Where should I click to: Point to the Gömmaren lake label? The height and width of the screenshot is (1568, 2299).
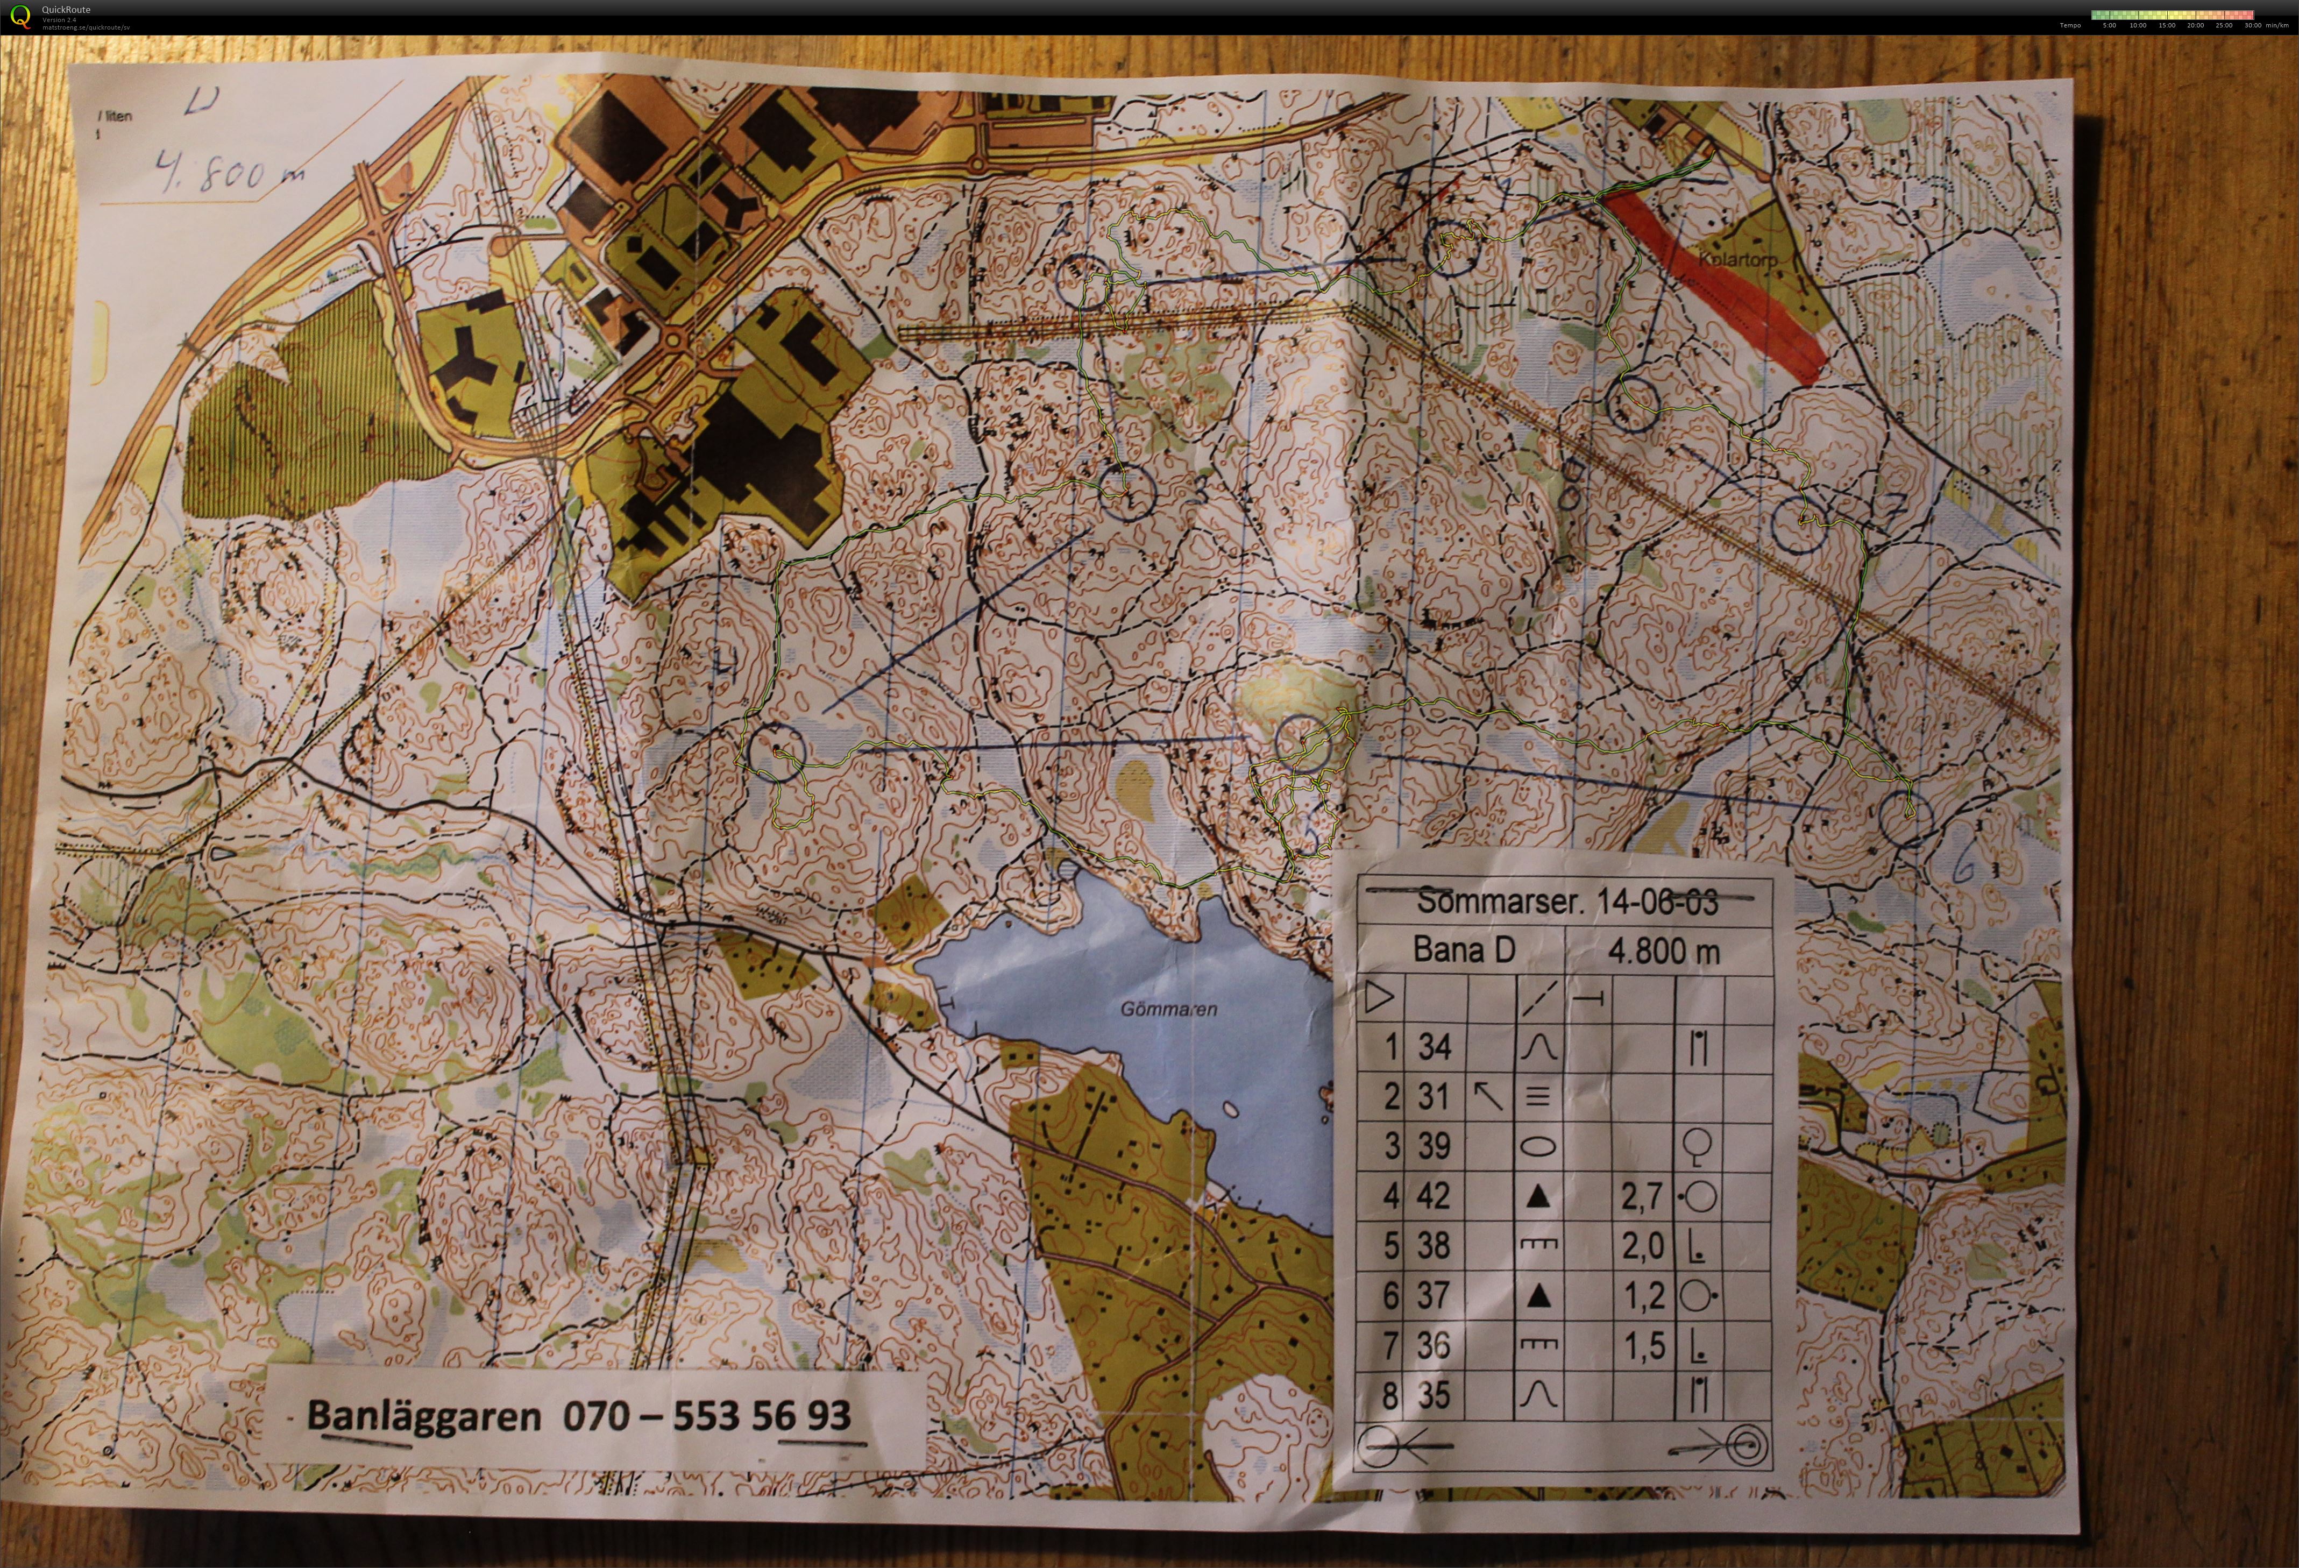click(1168, 1009)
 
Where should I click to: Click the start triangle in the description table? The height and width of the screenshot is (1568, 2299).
click(1379, 997)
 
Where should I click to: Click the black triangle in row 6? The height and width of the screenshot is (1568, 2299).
click(1537, 1296)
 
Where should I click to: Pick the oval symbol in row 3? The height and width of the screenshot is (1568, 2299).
click(1537, 1147)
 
